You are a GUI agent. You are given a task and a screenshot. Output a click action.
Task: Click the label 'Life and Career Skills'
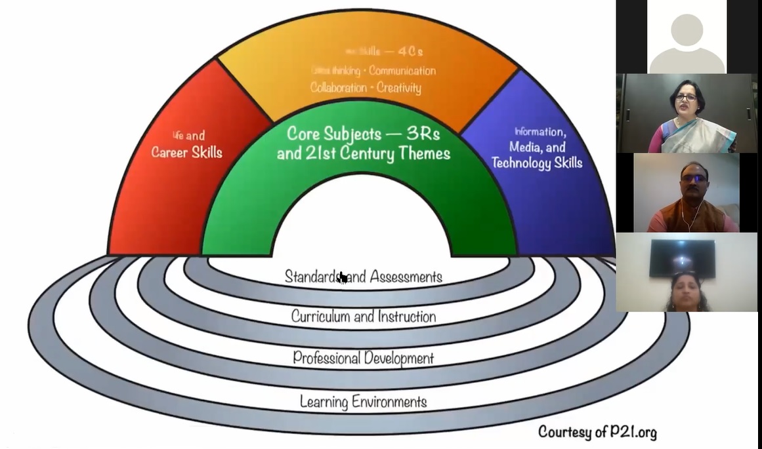tap(187, 145)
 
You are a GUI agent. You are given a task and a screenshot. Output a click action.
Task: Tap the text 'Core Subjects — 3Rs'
tap(363, 134)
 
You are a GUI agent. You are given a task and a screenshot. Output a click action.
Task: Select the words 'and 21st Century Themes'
tap(363, 154)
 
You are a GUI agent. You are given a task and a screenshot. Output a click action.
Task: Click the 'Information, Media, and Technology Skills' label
tap(538, 148)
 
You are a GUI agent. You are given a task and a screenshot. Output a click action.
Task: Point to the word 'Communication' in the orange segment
tap(402, 70)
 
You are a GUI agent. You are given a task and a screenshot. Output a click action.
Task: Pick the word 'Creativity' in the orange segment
tap(399, 87)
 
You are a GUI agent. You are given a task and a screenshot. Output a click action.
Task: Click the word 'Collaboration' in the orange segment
tap(338, 87)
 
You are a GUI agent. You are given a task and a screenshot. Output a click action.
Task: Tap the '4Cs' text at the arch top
tap(406, 52)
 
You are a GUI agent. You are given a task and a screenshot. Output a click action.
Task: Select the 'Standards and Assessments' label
tap(363, 277)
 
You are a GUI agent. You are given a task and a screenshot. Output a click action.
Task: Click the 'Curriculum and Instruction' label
tap(363, 317)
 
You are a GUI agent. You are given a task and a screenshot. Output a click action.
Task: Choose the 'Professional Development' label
tap(363, 358)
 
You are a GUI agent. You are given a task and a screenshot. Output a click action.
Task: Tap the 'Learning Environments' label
tap(363, 401)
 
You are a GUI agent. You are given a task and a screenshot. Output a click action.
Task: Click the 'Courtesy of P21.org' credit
tap(597, 431)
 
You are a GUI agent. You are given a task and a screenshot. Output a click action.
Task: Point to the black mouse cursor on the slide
tap(342, 278)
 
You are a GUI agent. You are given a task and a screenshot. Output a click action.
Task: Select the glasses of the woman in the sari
tap(686, 98)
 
